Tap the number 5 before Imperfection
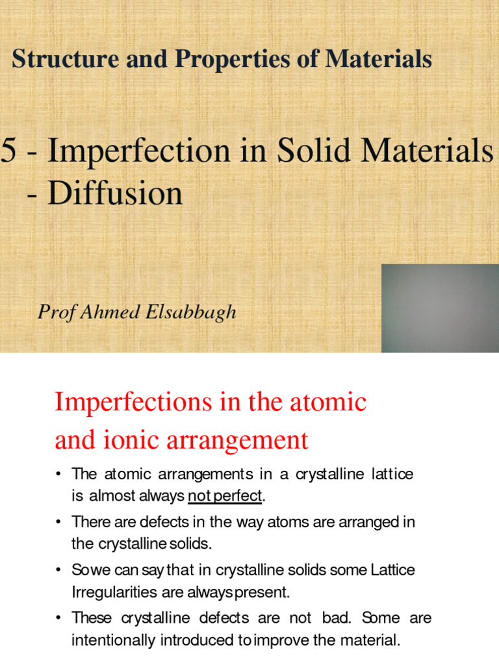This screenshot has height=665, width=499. pyautogui.click(x=8, y=151)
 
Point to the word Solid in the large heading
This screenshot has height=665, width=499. pyautogui.click(x=314, y=151)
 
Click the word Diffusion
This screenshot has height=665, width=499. pyautogui.click(x=114, y=193)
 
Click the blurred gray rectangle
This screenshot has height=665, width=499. pyautogui.click(x=440, y=308)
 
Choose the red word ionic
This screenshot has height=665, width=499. pyautogui.click(x=133, y=440)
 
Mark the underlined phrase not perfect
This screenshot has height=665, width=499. pyautogui.click(x=225, y=497)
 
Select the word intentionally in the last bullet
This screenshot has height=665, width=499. pyautogui.click(x=116, y=640)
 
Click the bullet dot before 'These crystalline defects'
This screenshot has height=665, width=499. pyautogui.click(x=58, y=618)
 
